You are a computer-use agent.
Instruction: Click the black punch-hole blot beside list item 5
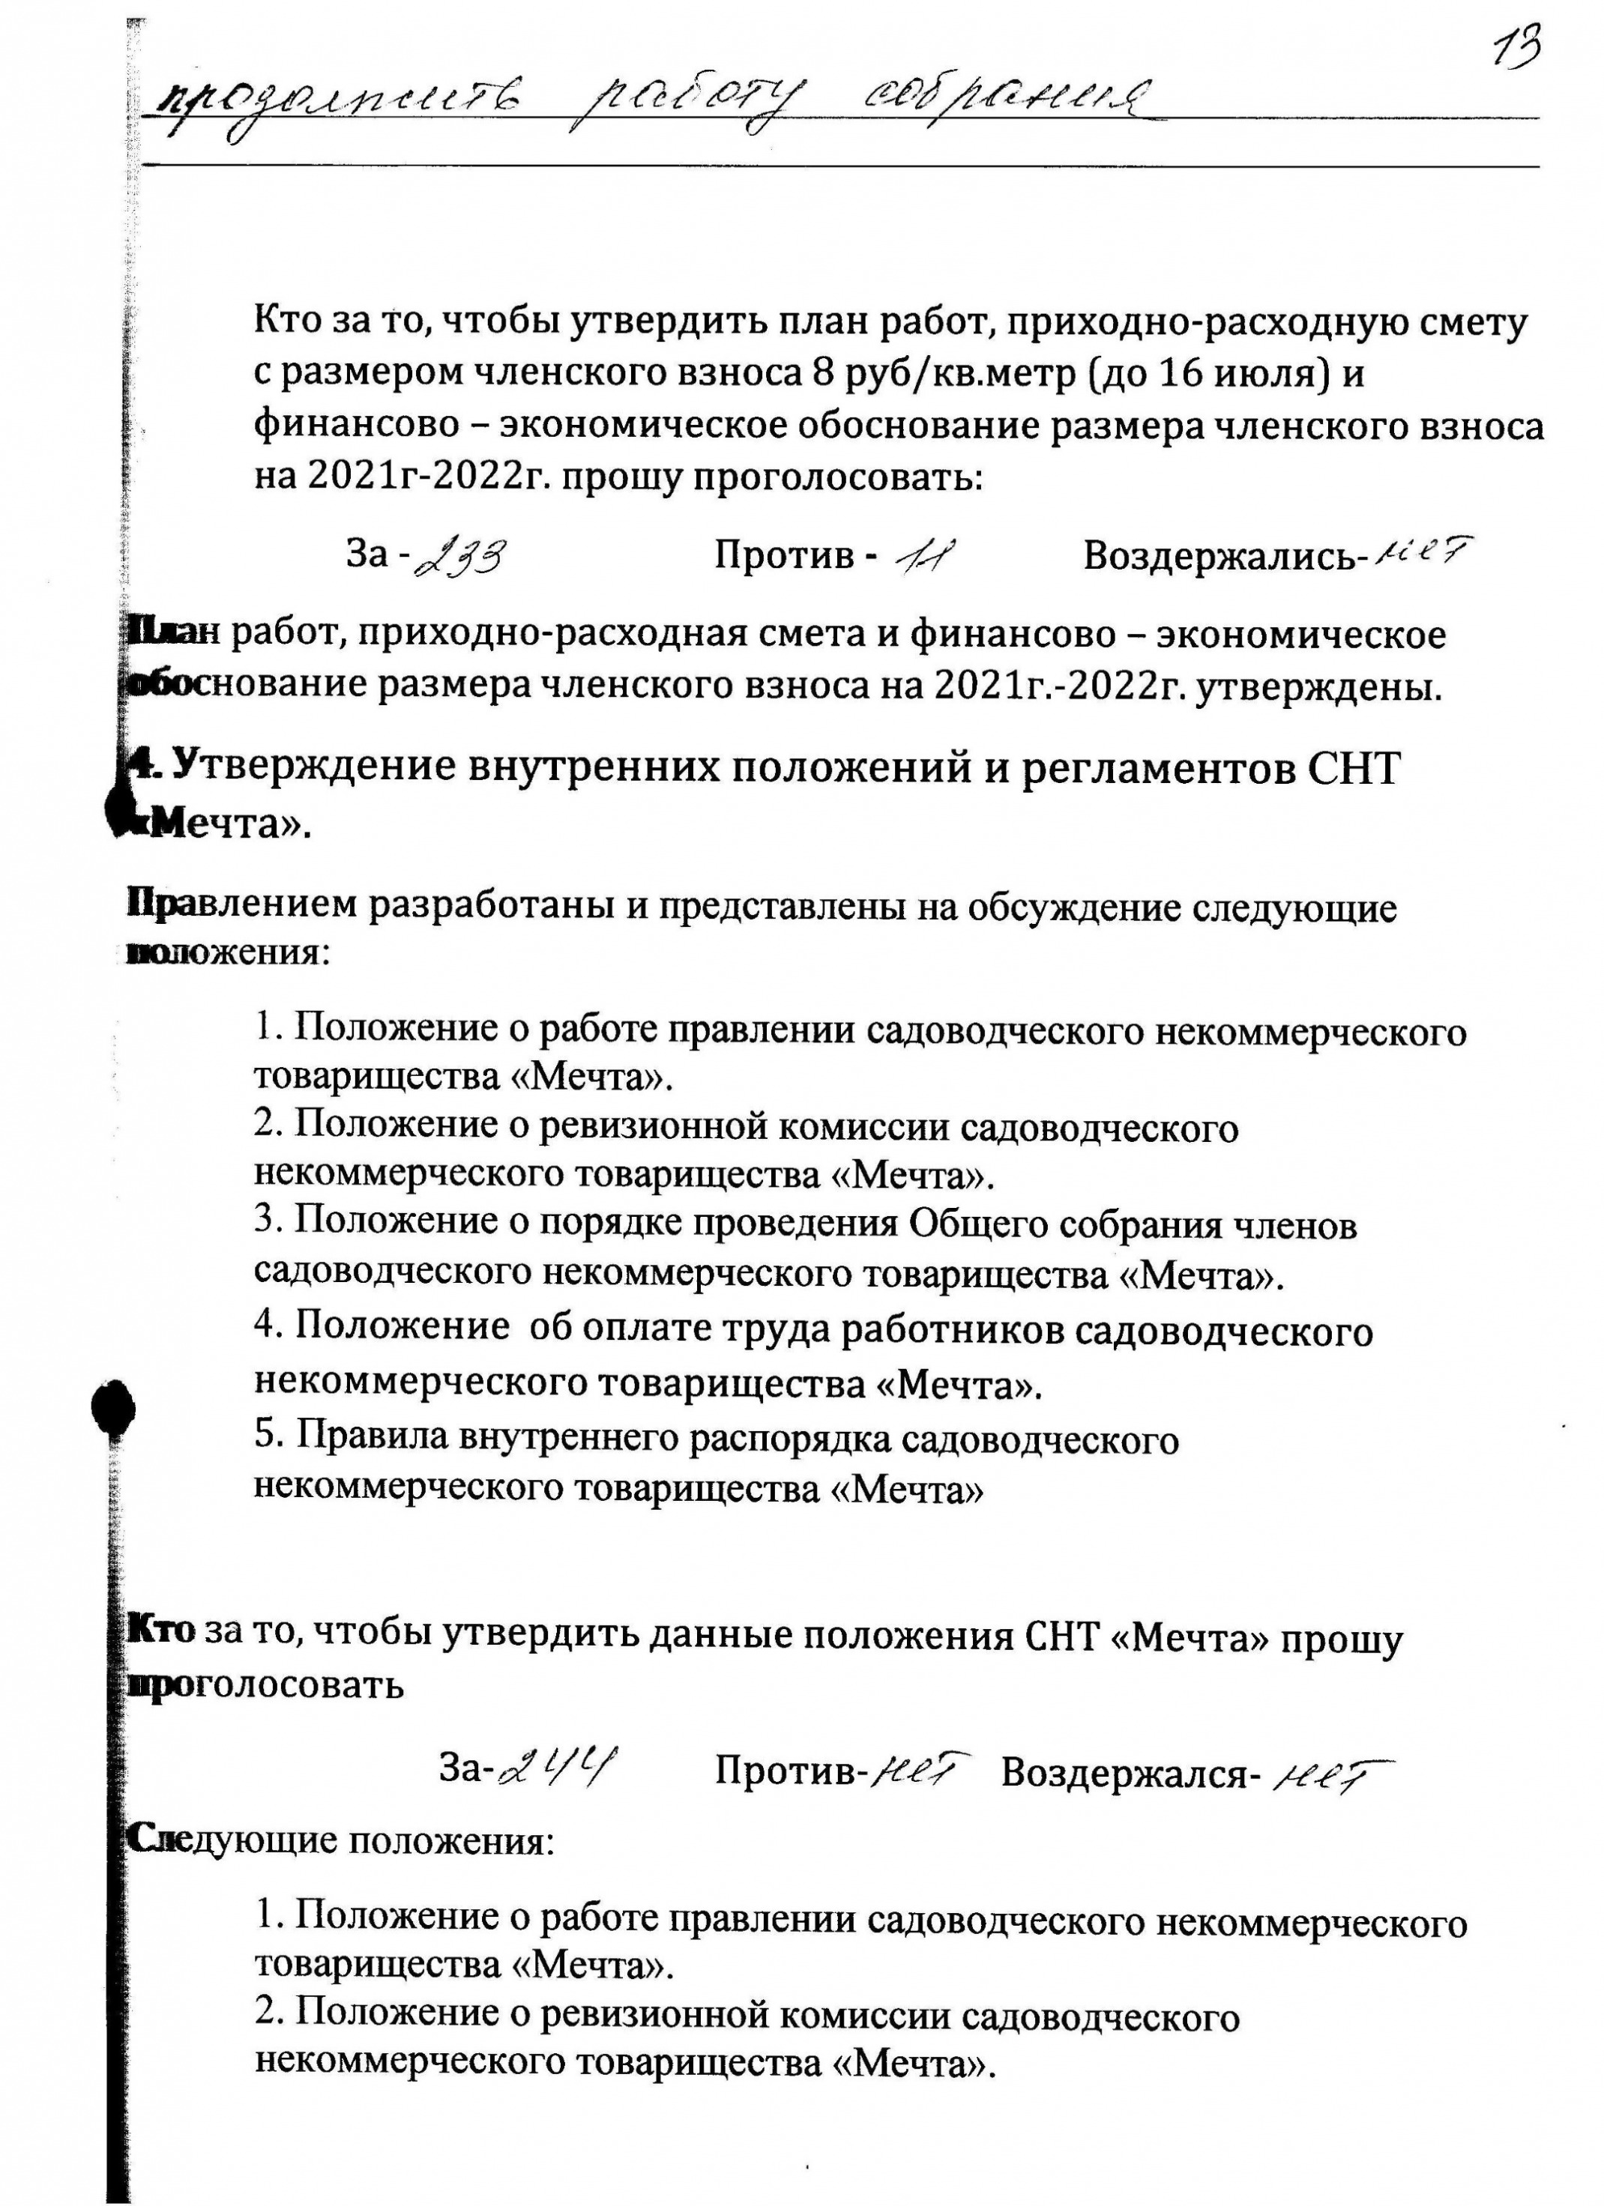[x=112, y=1407]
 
